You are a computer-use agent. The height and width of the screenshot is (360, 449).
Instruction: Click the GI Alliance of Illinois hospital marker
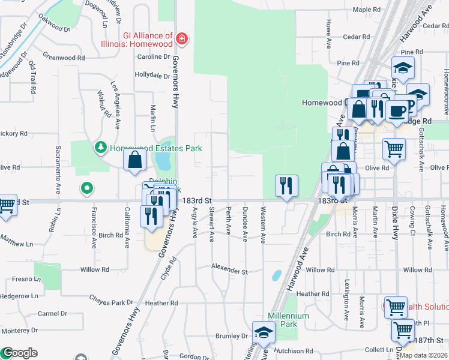[x=182, y=40]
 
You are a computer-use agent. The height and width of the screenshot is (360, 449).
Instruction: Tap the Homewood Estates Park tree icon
[x=100, y=147]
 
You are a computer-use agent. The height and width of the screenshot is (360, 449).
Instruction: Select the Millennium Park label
[x=288, y=320]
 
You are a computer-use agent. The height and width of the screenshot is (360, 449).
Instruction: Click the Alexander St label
[x=229, y=272]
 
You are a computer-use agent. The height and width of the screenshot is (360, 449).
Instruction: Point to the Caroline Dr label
[x=154, y=57]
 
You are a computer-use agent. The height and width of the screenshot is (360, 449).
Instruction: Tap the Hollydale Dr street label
[x=152, y=76]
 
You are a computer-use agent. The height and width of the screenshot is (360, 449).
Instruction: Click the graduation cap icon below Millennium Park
[x=264, y=332]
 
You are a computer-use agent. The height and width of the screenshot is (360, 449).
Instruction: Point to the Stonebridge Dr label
[x=13, y=41]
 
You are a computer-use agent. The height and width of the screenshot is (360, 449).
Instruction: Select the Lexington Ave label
[x=347, y=300]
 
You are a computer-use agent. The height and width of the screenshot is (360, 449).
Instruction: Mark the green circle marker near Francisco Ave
[x=87, y=189]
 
